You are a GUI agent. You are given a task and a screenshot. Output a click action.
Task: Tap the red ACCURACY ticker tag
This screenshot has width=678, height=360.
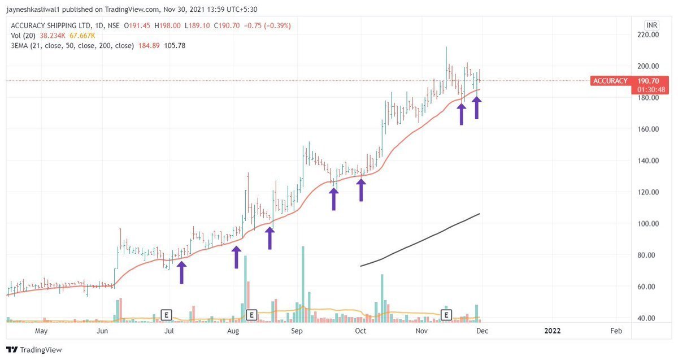610,81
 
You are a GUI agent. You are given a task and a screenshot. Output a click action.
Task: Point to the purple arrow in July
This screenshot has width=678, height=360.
181,271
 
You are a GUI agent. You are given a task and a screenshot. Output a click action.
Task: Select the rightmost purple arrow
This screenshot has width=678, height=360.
477,107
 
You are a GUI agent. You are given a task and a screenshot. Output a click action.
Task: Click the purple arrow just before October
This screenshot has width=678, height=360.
360,189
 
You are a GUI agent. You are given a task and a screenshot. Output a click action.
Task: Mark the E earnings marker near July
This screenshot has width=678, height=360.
166,314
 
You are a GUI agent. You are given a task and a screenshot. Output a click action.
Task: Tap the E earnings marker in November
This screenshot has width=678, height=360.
447,314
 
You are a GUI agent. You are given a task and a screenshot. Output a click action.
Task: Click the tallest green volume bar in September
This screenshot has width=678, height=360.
303,283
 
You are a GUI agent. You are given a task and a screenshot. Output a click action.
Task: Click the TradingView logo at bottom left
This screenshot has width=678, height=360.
34,350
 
